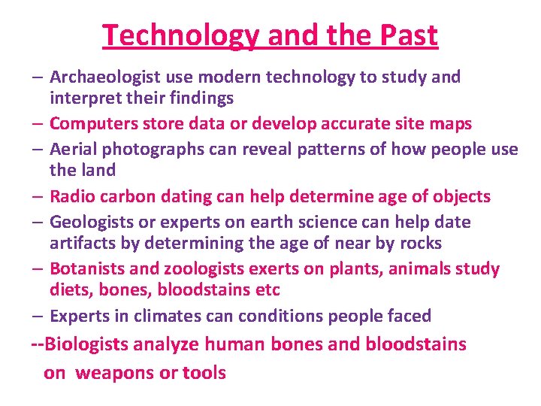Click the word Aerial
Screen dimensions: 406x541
point(71,149)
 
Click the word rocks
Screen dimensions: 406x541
point(421,244)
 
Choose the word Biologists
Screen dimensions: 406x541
point(87,344)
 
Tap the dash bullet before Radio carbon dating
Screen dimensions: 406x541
point(38,197)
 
